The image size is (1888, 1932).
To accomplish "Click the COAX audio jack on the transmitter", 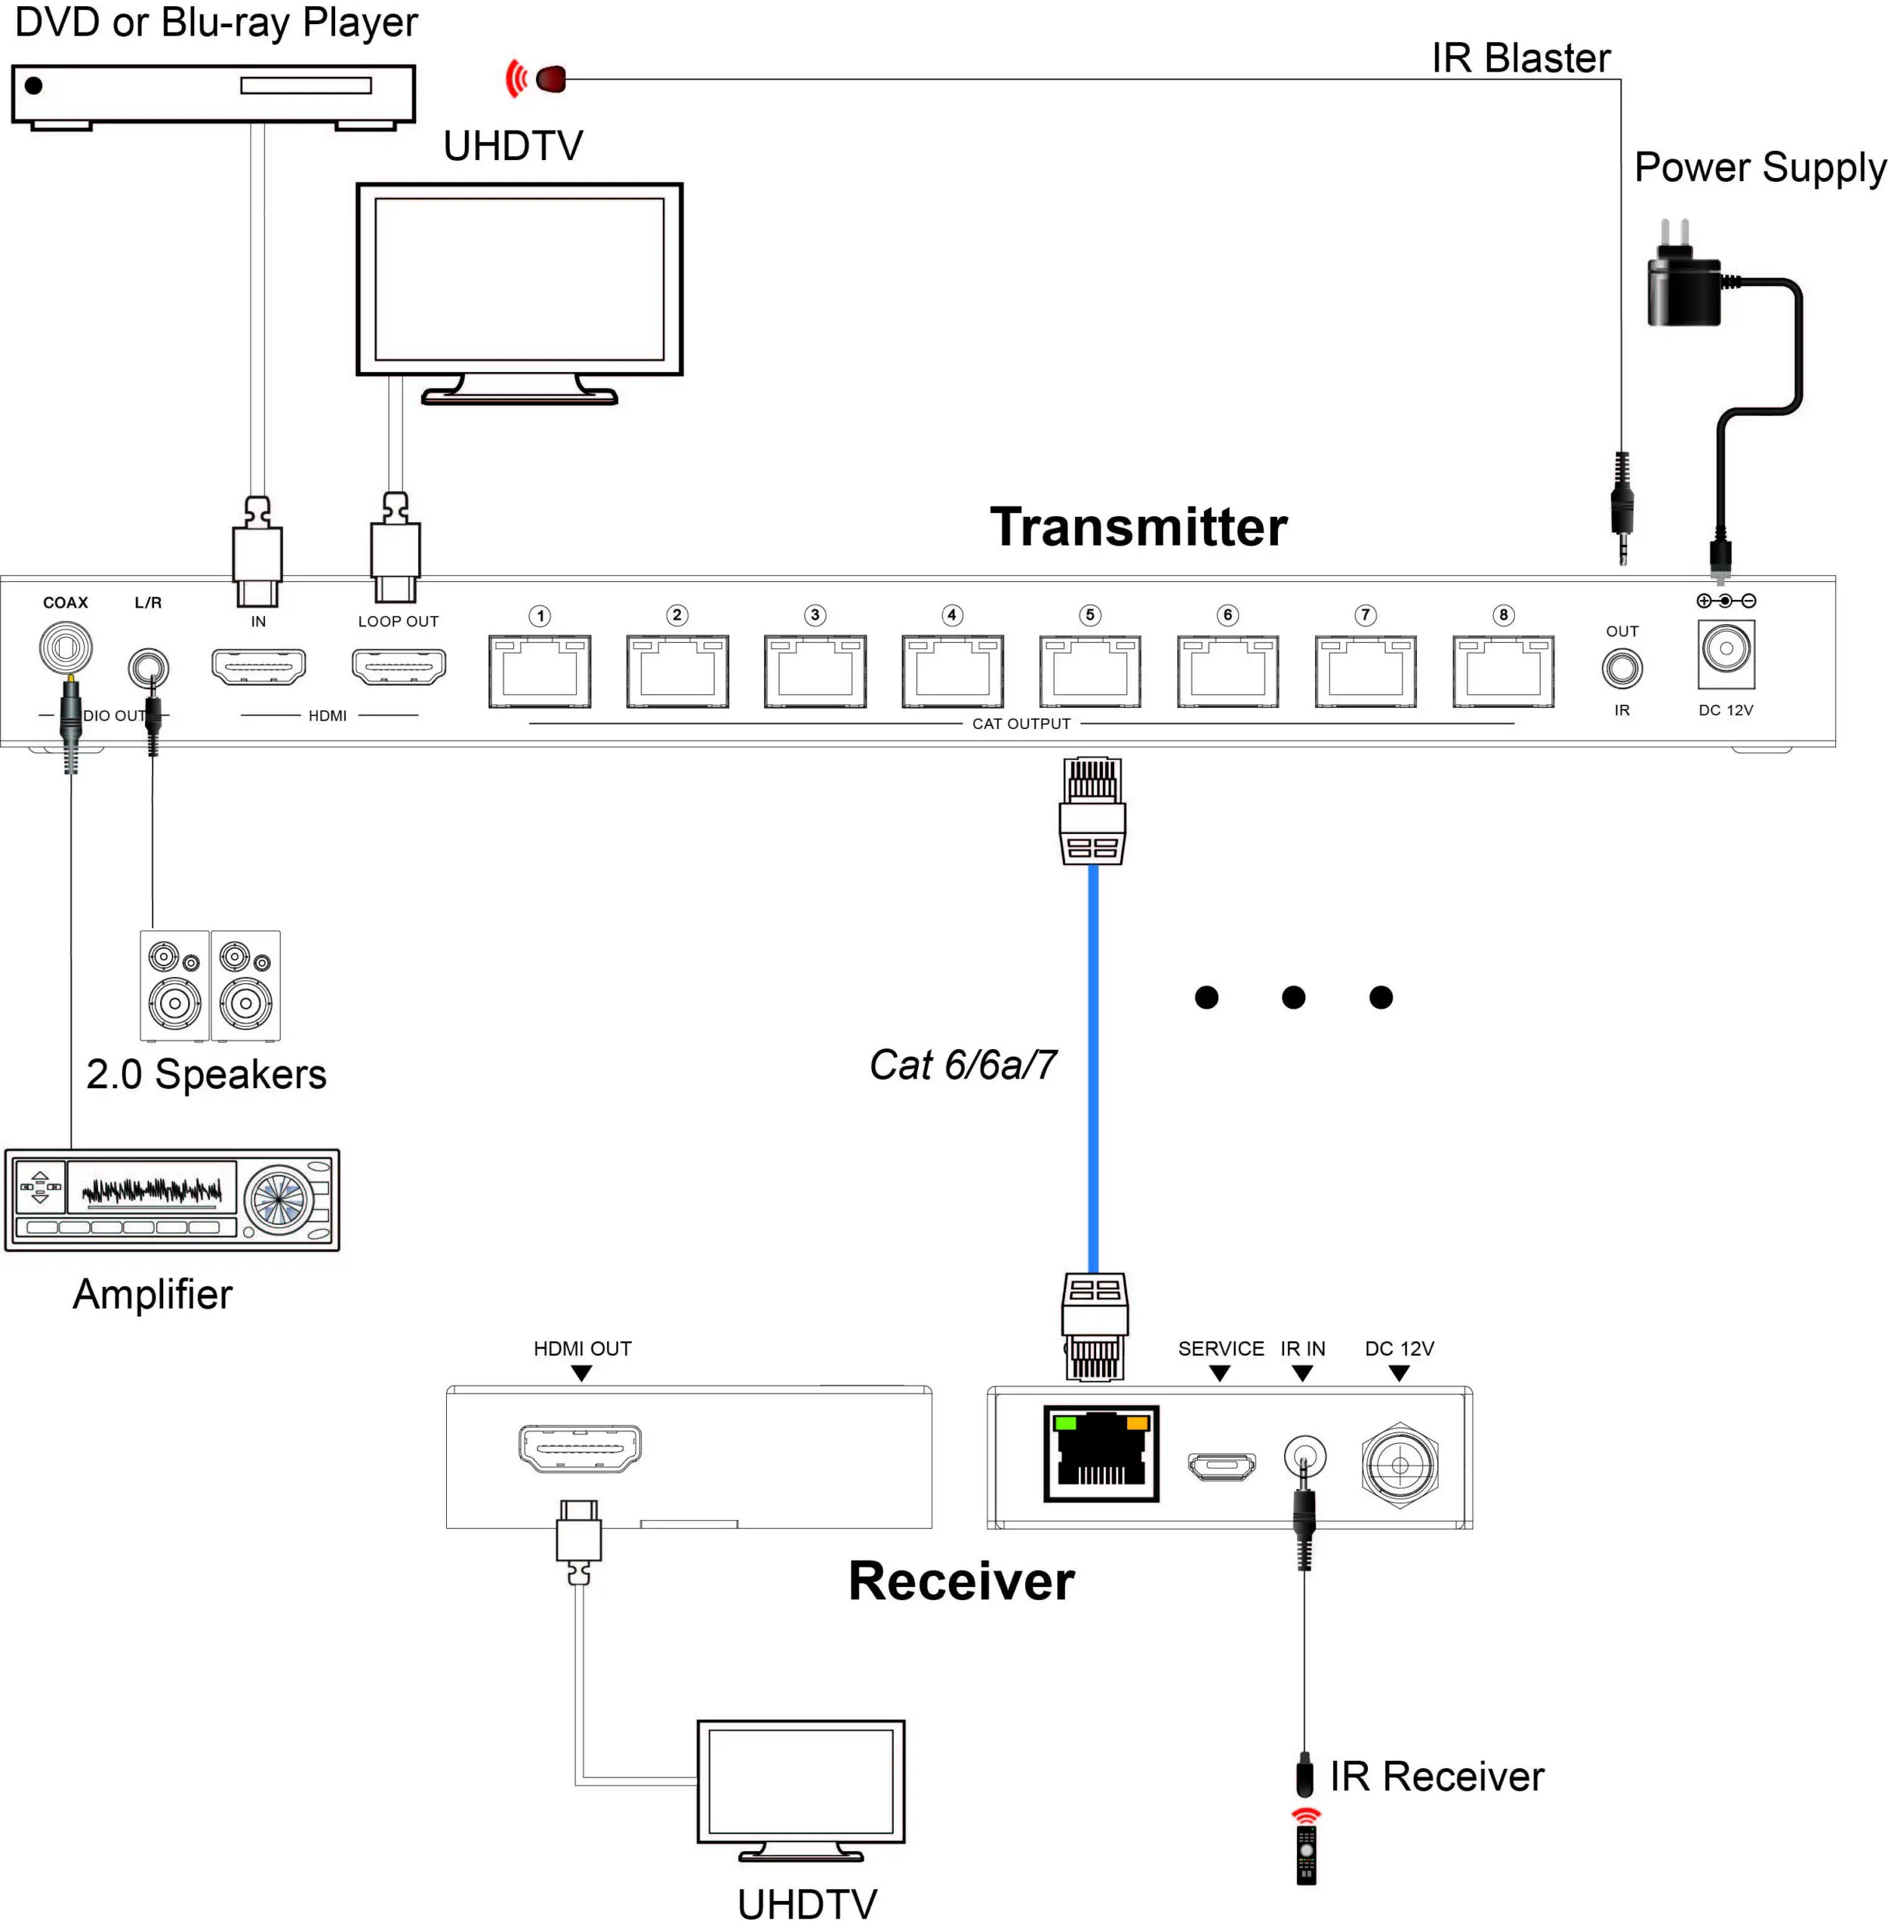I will [66, 648].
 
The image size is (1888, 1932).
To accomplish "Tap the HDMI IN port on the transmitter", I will [259, 666].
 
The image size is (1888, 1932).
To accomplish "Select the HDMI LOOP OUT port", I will [399, 666].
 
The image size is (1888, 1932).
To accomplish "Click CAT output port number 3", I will [815, 671].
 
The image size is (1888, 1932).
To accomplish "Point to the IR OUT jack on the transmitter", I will [1622, 669].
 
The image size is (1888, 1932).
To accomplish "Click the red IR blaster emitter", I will [550, 78].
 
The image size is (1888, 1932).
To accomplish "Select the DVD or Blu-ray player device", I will [213, 95].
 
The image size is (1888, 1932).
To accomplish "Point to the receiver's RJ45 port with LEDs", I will [1101, 1454].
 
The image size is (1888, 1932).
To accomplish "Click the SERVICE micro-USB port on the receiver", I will [1221, 1464].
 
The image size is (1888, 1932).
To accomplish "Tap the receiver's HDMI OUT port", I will [580, 1448].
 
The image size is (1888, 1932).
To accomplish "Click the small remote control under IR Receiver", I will [1306, 1854].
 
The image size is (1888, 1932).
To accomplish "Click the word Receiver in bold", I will [961, 1581].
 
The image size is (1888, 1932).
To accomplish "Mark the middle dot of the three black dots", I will [1293, 997].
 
